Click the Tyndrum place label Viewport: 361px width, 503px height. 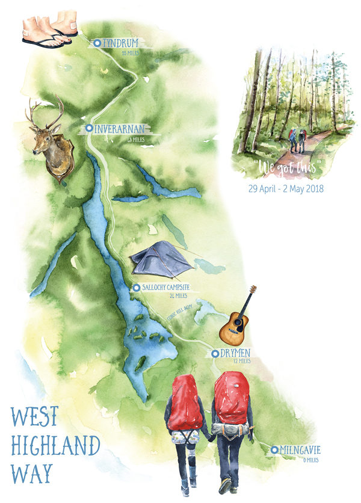pyautogui.click(x=120, y=43)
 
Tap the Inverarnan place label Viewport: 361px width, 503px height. pyautogui.click(x=120, y=128)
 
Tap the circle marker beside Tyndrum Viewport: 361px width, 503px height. pyautogui.click(x=97, y=43)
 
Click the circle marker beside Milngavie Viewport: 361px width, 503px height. pyautogui.click(x=274, y=450)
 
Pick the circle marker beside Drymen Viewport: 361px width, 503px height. pyautogui.click(x=215, y=354)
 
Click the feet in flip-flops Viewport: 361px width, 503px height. pyautogui.click(x=49, y=31)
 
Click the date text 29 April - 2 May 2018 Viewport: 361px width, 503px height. pyautogui.click(x=286, y=188)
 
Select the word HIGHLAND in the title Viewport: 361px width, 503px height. pyautogui.click(x=55, y=446)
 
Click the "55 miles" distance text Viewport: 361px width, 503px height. pyautogui.click(x=130, y=54)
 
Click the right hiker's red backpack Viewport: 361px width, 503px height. pyautogui.click(x=232, y=397)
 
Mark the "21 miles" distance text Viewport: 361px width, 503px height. pyautogui.click(x=178, y=296)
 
